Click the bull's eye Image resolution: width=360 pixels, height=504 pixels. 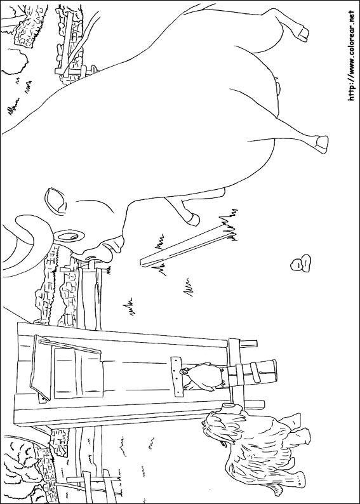tap(70, 236)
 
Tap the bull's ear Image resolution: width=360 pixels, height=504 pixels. tap(56, 201)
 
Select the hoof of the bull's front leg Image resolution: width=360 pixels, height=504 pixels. tap(194, 219)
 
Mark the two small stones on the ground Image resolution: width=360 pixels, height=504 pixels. tap(300, 263)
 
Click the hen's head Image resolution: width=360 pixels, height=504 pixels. tap(185, 372)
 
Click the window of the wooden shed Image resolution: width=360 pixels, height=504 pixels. tap(78, 373)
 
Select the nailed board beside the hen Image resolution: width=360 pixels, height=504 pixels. tap(176, 376)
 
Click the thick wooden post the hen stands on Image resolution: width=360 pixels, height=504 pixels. tap(251, 373)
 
